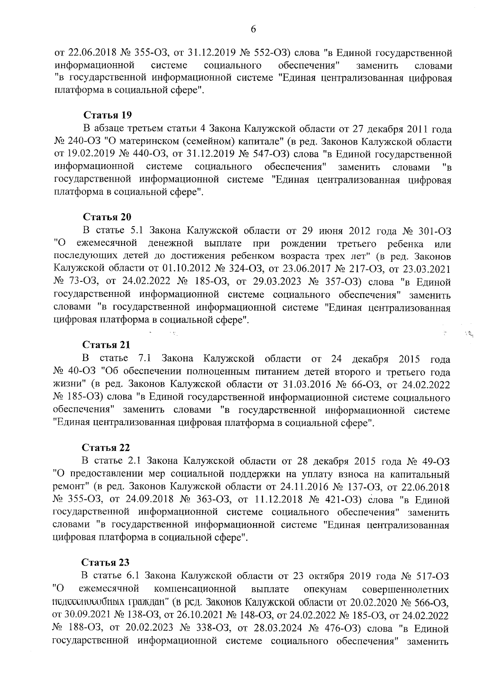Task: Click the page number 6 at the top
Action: tap(253, 29)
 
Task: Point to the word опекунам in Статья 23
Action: tap(325, 589)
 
